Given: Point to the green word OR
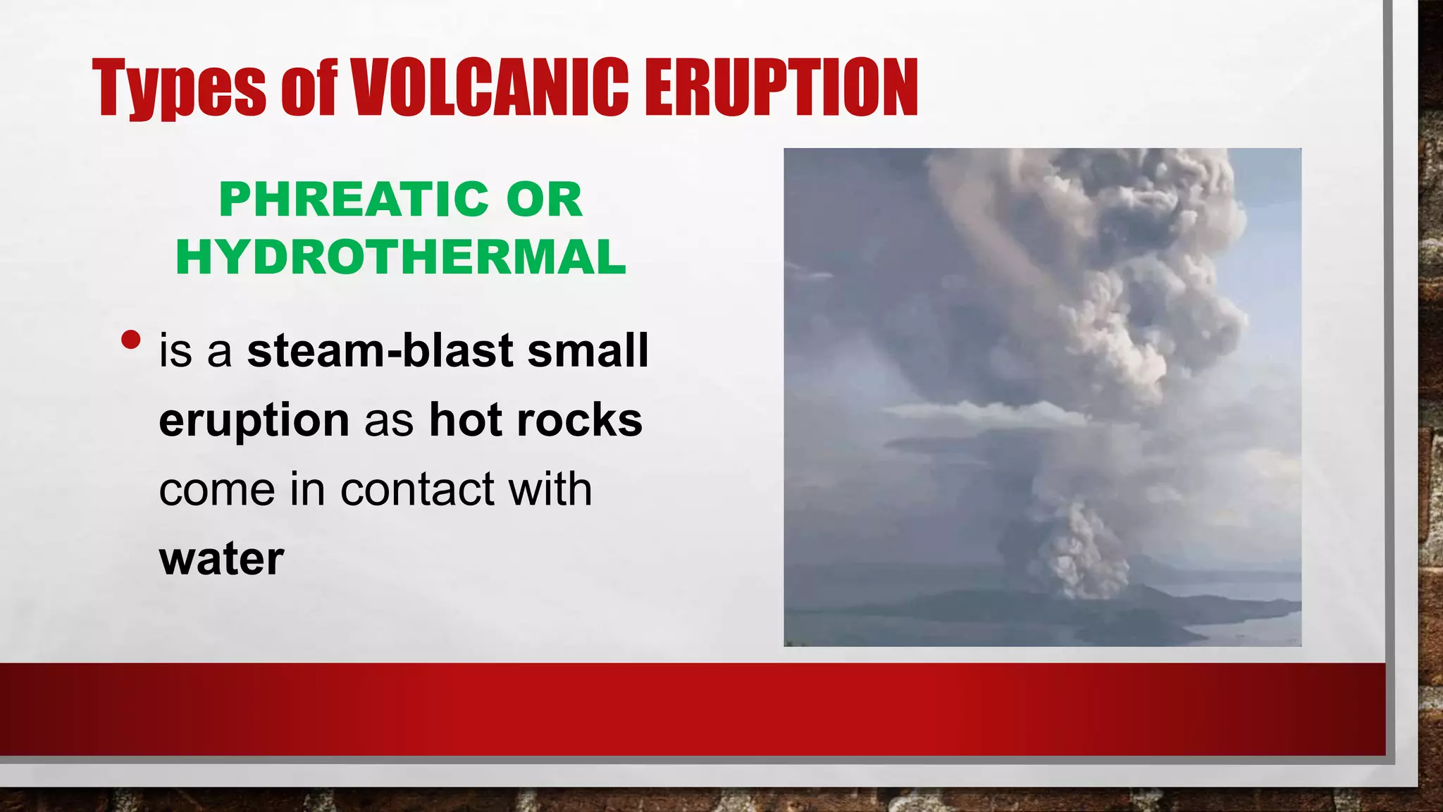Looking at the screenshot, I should tap(544, 199).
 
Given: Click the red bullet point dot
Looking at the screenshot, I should tap(130, 340).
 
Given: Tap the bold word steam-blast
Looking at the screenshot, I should tap(380, 350).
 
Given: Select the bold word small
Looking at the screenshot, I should tap(588, 350).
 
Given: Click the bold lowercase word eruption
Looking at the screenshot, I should tap(254, 421).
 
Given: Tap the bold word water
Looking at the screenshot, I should tap(222, 559).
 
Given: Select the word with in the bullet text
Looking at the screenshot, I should tap(550, 489).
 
